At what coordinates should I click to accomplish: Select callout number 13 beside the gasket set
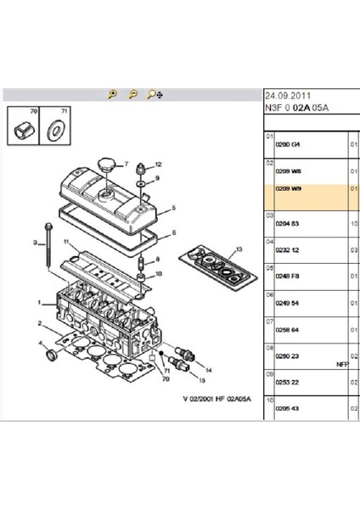(x=239, y=249)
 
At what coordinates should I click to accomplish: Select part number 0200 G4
(x=290, y=145)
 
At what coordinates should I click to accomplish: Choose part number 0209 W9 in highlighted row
(x=290, y=189)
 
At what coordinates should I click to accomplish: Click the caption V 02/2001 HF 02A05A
(x=217, y=399)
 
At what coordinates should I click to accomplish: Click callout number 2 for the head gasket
(x=40, y=323)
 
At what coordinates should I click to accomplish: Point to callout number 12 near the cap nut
(x=158, y=163)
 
